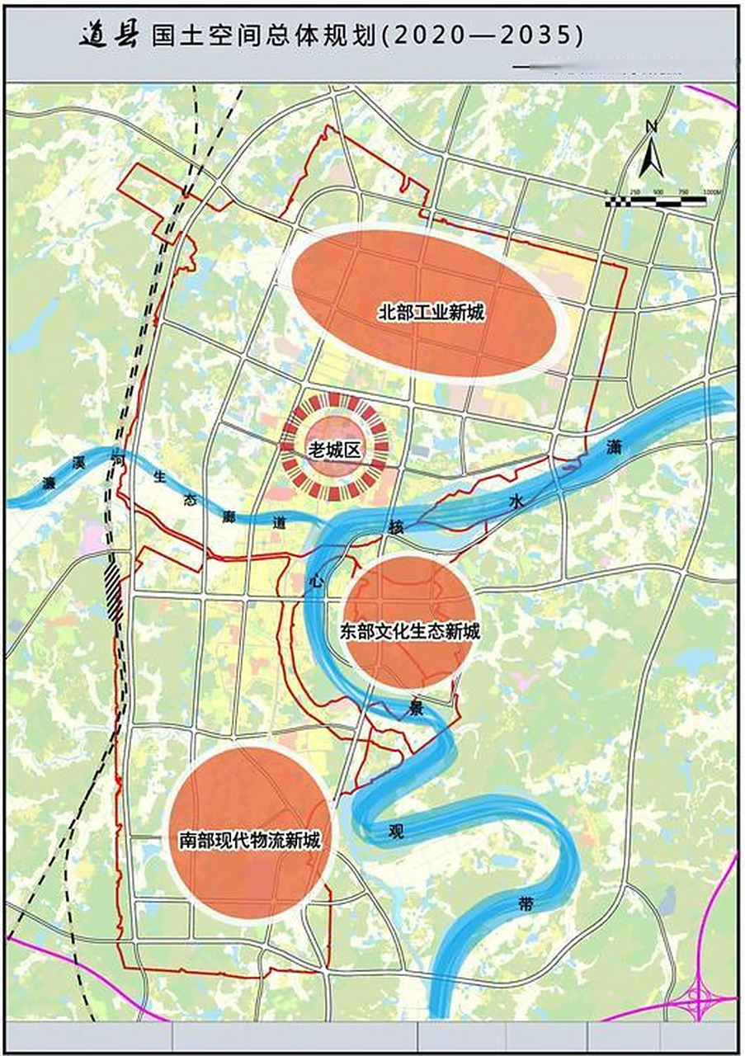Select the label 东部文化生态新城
[409, 633]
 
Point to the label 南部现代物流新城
[250, 841]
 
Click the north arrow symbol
[651, 149]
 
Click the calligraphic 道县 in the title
[109, 35]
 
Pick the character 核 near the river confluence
[397, 527]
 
